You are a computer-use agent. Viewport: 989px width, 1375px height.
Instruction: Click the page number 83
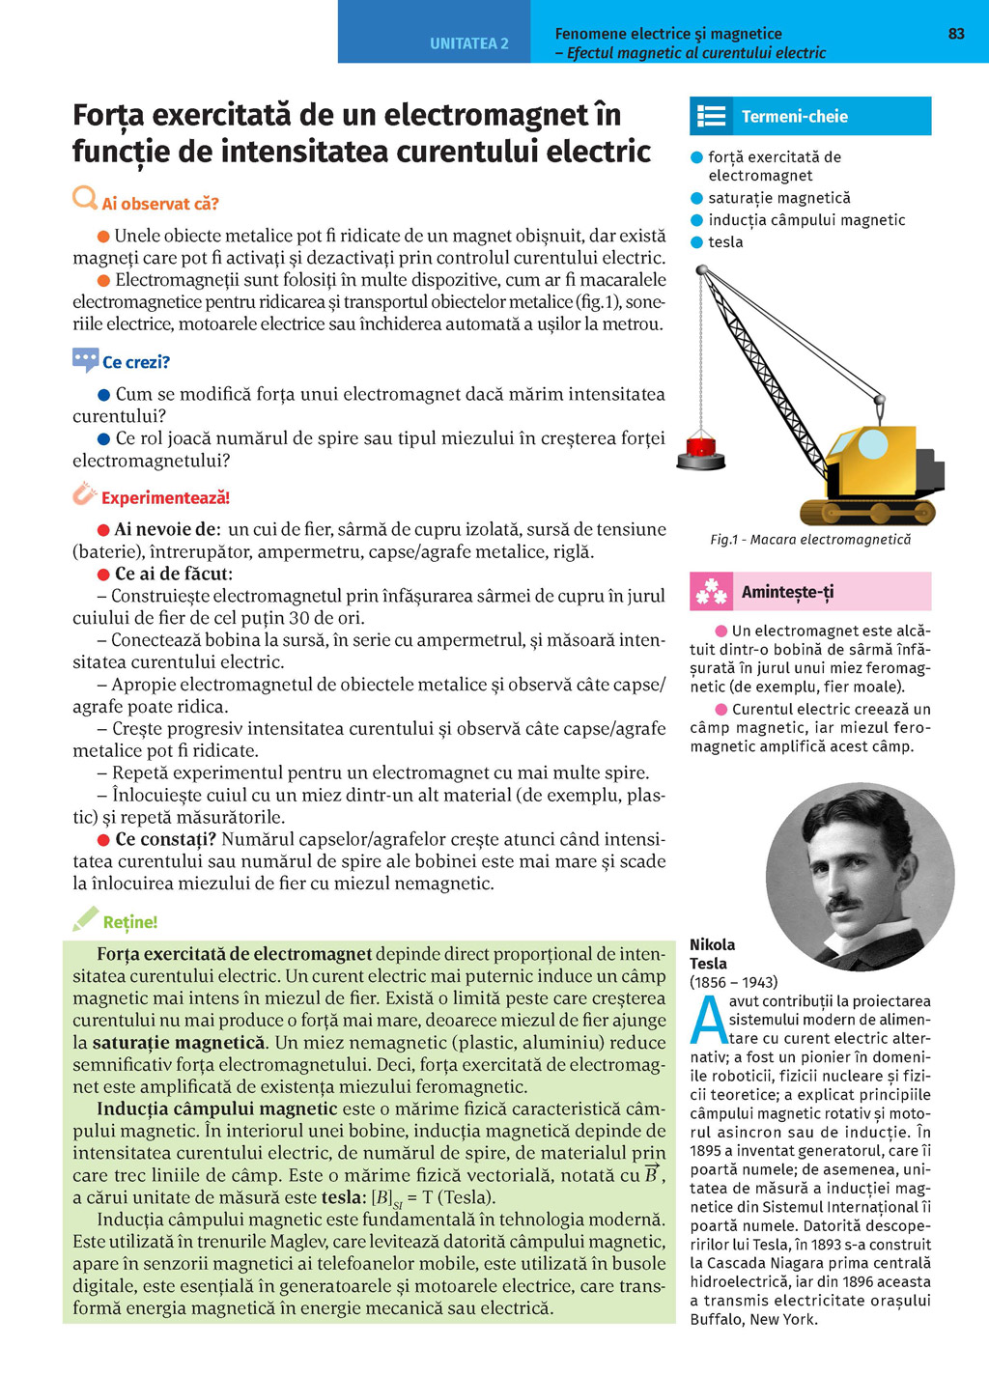956,34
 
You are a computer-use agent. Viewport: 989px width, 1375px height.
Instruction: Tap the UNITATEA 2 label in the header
468,43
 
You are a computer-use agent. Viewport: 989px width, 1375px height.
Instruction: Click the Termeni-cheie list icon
712,116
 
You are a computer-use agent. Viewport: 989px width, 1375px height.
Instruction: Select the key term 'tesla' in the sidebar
725,242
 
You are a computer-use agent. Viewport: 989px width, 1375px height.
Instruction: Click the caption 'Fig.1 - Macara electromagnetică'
810,539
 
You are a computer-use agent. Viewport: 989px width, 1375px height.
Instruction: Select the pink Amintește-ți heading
787,592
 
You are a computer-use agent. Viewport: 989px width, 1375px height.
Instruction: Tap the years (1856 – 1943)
733,982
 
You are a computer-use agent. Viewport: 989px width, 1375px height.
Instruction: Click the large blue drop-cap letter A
708,1020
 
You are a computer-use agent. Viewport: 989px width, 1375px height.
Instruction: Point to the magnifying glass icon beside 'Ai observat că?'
85,199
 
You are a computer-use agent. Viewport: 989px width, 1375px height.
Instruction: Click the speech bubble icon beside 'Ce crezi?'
85,360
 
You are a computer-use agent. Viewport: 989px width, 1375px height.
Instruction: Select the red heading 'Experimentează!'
165,498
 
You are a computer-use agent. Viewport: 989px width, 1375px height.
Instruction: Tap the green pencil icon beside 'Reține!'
85,918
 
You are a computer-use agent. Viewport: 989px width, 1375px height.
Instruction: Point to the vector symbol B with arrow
652,1174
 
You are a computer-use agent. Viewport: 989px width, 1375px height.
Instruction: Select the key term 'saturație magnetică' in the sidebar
778,198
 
